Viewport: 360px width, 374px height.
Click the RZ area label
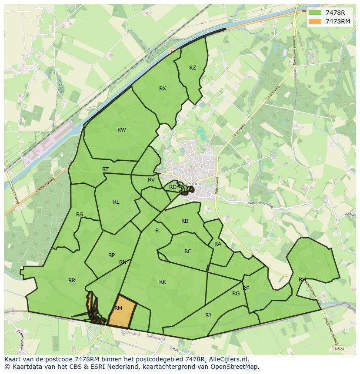[x=193, y=68]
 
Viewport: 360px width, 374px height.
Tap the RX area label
[x=163, y=89]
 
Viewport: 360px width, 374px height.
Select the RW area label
[x=122, y=129]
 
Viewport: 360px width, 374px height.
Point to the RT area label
[x=105, y=169]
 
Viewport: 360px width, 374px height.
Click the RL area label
[x=116, y=202]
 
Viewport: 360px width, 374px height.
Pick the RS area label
[x=80, y=215]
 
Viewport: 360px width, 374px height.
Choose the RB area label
[x=185, y=221]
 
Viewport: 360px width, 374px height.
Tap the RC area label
[x=188, y=252]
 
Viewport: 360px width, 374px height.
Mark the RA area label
[x=218, y=244]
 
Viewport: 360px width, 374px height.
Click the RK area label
[x=163, y=282]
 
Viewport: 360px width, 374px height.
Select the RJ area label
[x=208, y=315]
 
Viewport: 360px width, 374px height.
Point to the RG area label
[x=236, y=294]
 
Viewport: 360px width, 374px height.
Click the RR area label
[x=72, y=281]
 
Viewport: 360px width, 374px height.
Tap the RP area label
[x=112, y=255]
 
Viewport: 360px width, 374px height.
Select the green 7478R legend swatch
[x=314, y=13]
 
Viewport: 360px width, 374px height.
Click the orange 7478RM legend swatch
[x=314, y=21]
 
